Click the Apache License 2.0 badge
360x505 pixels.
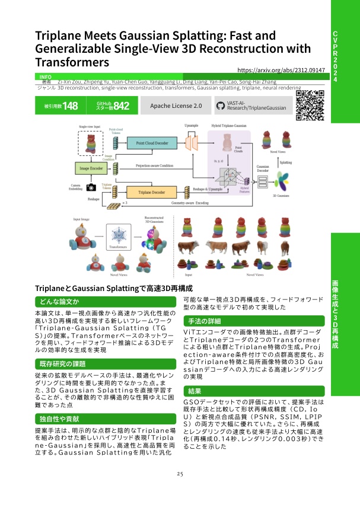(176, 106)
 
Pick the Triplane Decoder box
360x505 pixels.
(148, 193)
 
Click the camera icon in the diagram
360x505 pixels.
(91, 187)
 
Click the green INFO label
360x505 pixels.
(45, 77)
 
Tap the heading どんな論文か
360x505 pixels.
(56, 302)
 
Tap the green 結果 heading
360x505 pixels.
(195, 391)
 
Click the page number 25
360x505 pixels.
(180, 474)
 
